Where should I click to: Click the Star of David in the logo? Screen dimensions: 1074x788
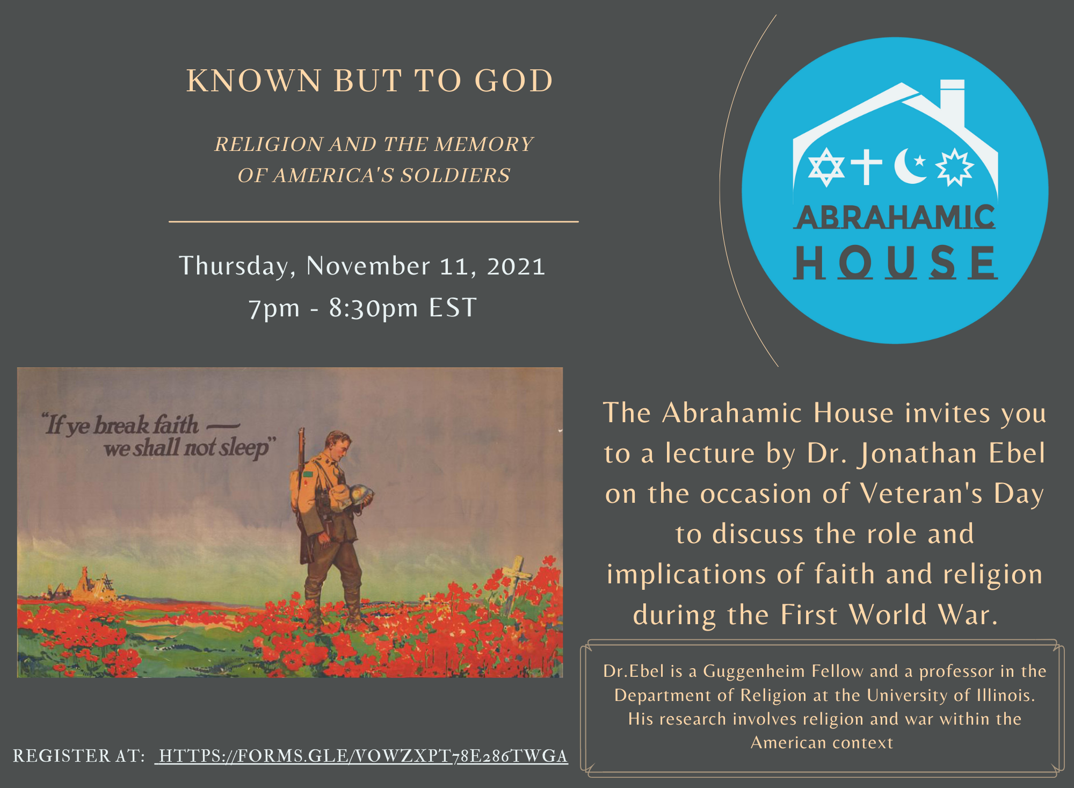[826, 167]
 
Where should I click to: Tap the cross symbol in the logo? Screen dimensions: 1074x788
[866, 166]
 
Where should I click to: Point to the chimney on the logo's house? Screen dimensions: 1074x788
[953, 99]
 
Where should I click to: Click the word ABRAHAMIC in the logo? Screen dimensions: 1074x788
[895, 217]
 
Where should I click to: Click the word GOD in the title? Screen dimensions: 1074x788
[514, 81]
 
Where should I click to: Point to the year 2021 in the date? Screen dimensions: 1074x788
[516, 266]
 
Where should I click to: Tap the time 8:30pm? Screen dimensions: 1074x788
[373, 308]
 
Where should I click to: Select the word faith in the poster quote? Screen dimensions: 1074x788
[176, 424]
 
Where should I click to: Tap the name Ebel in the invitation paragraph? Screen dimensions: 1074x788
[1017, 453]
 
